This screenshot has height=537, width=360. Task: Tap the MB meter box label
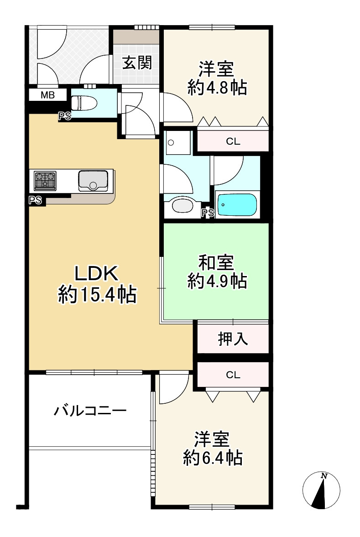coord(47,96)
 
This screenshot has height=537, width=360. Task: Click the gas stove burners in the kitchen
coord(45,180)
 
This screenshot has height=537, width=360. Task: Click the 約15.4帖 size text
coord(97,296)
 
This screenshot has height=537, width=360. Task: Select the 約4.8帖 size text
coord(217,88)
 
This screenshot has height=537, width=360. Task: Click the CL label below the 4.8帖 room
coord(233,141)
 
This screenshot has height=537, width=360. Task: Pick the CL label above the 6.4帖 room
coord(233,375)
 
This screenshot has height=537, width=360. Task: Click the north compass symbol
coord(322,491)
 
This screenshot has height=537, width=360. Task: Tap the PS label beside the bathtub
coord(208,212)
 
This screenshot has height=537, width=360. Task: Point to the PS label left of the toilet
coord(64,116)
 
